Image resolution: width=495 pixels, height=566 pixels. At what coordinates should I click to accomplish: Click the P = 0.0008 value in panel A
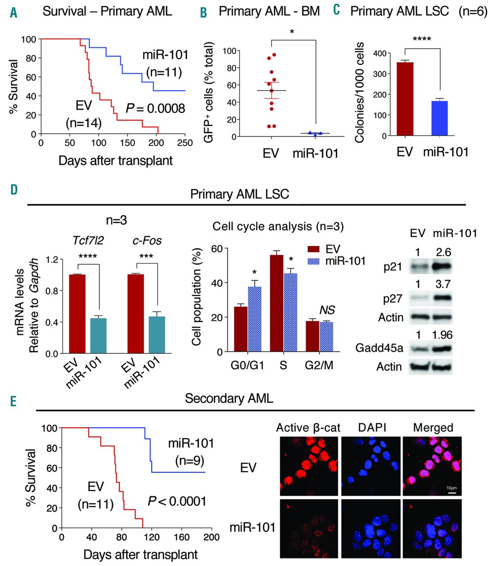click(155, 108)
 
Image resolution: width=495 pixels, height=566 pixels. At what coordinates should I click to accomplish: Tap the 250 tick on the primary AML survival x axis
click(185, 143)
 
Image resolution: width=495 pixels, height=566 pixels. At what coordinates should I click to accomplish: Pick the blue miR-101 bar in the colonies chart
click(440, 118)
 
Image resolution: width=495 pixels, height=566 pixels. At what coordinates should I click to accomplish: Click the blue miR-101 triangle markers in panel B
click(315, 133)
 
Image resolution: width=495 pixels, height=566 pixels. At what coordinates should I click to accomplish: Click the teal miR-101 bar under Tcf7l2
click(99, 336)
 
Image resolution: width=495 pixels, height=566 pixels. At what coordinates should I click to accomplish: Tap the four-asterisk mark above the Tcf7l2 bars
click(87, 256)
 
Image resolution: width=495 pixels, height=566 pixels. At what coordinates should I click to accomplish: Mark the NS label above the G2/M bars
click(327, 310)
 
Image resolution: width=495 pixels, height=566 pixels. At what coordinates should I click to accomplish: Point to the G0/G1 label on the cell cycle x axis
click(247, 366)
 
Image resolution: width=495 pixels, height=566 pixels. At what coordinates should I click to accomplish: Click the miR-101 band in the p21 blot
click(441, 267)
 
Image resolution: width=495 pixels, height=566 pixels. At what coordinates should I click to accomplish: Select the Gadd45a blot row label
click(379, 348)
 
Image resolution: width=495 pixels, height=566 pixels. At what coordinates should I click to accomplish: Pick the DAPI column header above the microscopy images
click(371, 428)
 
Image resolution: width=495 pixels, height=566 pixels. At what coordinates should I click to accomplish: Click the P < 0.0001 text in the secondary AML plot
click(177, 501)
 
